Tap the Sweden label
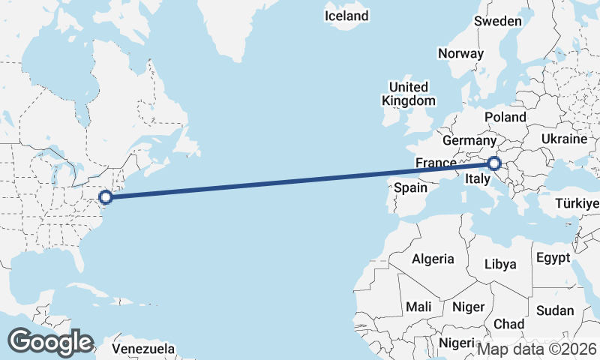tap(498, 21)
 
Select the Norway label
tap(460, 53)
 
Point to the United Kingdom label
tap(408, 94)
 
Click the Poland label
tap(505, 118)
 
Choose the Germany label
tap(469, 141)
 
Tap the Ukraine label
tap(562, 139)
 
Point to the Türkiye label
tap(577, 203)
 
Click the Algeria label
tap(433, 259)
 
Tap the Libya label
tap(501, 264)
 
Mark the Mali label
tap(418, 307)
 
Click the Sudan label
tap(556, 310)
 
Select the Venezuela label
tap(143, 349)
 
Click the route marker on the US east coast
tap(106, 196)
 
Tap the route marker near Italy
tap(494, 163)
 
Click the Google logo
tap(50, 342)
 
